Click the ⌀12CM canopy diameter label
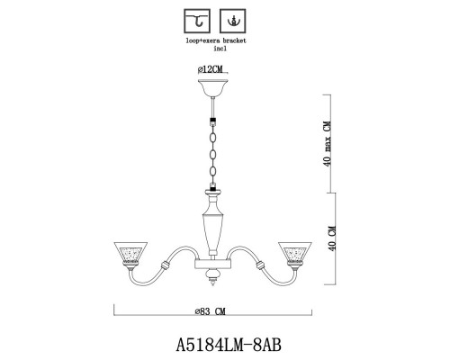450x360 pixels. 213,69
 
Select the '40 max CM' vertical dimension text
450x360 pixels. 329,145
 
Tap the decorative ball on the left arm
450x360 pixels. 164,266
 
